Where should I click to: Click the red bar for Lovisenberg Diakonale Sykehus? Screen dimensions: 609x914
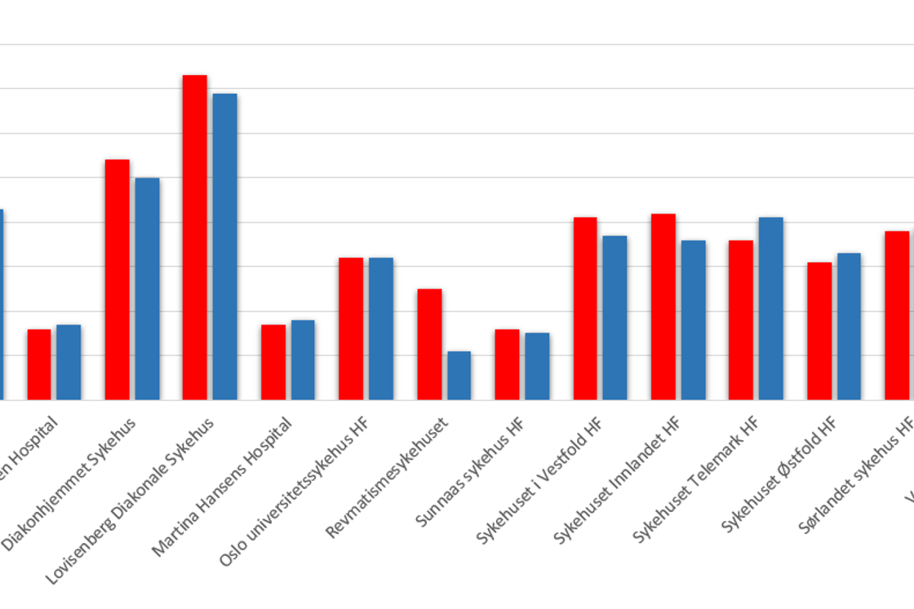[x=194, y=237]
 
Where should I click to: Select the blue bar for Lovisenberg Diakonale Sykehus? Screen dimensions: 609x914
[x=224, y=246]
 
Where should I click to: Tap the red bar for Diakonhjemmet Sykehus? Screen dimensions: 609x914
[x=117, y=280]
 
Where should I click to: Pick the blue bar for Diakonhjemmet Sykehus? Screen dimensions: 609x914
[x=147, y=289]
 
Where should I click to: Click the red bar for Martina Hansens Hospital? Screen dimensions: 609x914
[x=273, y=362]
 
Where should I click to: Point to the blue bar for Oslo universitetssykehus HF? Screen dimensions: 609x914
[x=381, y=329]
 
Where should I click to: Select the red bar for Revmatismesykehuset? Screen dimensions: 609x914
[x=429, y=344]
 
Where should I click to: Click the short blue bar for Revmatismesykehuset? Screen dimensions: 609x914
[x=459, y=375]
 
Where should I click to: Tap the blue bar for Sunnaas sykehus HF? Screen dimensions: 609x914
[x=537, y=366]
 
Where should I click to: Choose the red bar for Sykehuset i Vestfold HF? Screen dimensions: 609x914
[x=585, y=308]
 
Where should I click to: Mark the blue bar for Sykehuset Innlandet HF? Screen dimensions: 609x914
[x=694, y=320]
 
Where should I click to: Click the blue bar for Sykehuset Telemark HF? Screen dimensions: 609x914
[x=771, y=308]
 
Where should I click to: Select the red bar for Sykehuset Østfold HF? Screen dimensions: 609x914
[x=819, y=331]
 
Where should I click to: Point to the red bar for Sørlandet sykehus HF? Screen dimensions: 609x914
[x=897, y=316]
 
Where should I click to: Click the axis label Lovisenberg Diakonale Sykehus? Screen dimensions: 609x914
[x=131, y=501]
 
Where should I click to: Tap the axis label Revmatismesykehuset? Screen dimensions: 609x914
[x=388, y=477]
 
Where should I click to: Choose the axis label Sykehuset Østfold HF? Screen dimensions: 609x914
[x=779, y=474]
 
